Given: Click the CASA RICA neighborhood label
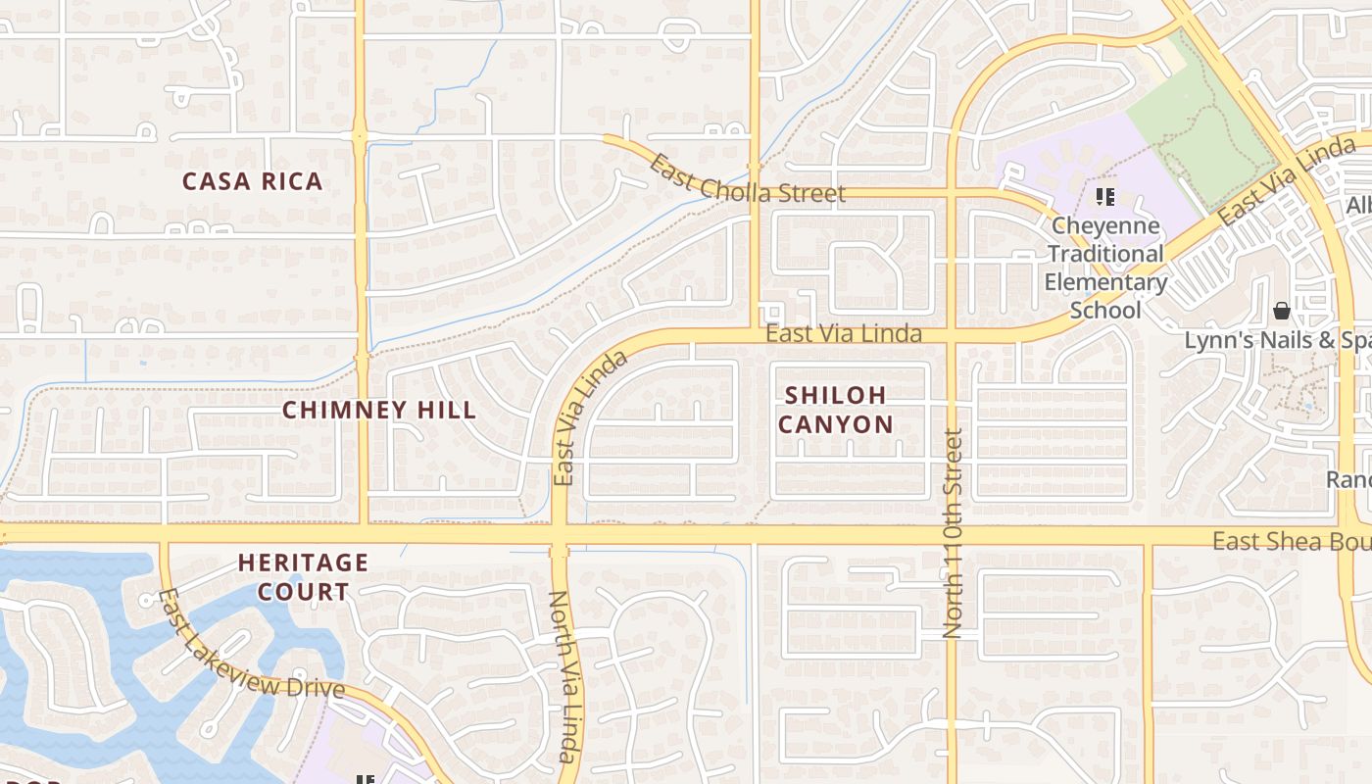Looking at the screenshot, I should pos(252,181).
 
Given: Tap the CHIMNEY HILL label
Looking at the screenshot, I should pos(379,410).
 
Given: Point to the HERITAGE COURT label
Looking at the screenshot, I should pos(303,577).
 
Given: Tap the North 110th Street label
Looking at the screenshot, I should pos(953,534).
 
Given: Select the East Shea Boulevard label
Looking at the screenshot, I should pos(1291,541).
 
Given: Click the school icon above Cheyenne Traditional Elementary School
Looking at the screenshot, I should pos(1105,197).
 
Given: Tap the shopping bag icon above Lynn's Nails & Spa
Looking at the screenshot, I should pos(1281,312).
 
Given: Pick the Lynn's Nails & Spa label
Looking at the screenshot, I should pos(1277,341).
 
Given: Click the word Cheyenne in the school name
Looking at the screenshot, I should pos(1104,226).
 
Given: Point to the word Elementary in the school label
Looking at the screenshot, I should pos(1104,283).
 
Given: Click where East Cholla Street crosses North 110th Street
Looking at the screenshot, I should pos(951,192).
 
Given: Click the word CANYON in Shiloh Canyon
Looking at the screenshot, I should pos(836,424).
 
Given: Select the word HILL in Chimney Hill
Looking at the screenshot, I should pos(448,410).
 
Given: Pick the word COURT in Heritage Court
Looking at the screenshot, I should pos(303,592).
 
